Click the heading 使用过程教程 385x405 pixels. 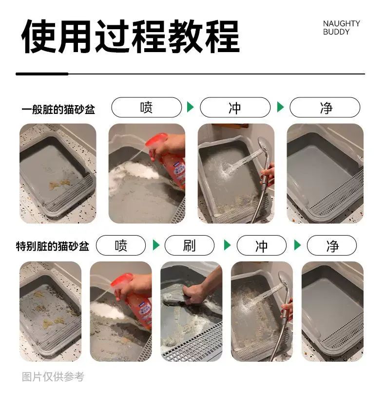click(131, 37)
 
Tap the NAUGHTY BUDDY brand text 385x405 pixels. click(341, 28)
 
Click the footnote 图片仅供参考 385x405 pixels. click(53, 377)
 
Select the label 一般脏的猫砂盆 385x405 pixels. click(58, 109)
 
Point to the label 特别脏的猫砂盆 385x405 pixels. click(53, 246)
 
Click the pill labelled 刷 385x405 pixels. click(189, 245)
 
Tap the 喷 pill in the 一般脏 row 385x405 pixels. click(147, 107)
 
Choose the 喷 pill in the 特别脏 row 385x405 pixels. click(121, 245)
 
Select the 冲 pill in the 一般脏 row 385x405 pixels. click(235, 107)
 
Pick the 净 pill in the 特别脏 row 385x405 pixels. click(332, 245)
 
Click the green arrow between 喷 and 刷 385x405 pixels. click(156, 245)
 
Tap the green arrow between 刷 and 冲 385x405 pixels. click(227, 245)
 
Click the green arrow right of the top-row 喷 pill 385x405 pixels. click(190, 107)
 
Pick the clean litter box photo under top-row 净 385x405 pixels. click(325, 173)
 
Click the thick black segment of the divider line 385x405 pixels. click(42, 74)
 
